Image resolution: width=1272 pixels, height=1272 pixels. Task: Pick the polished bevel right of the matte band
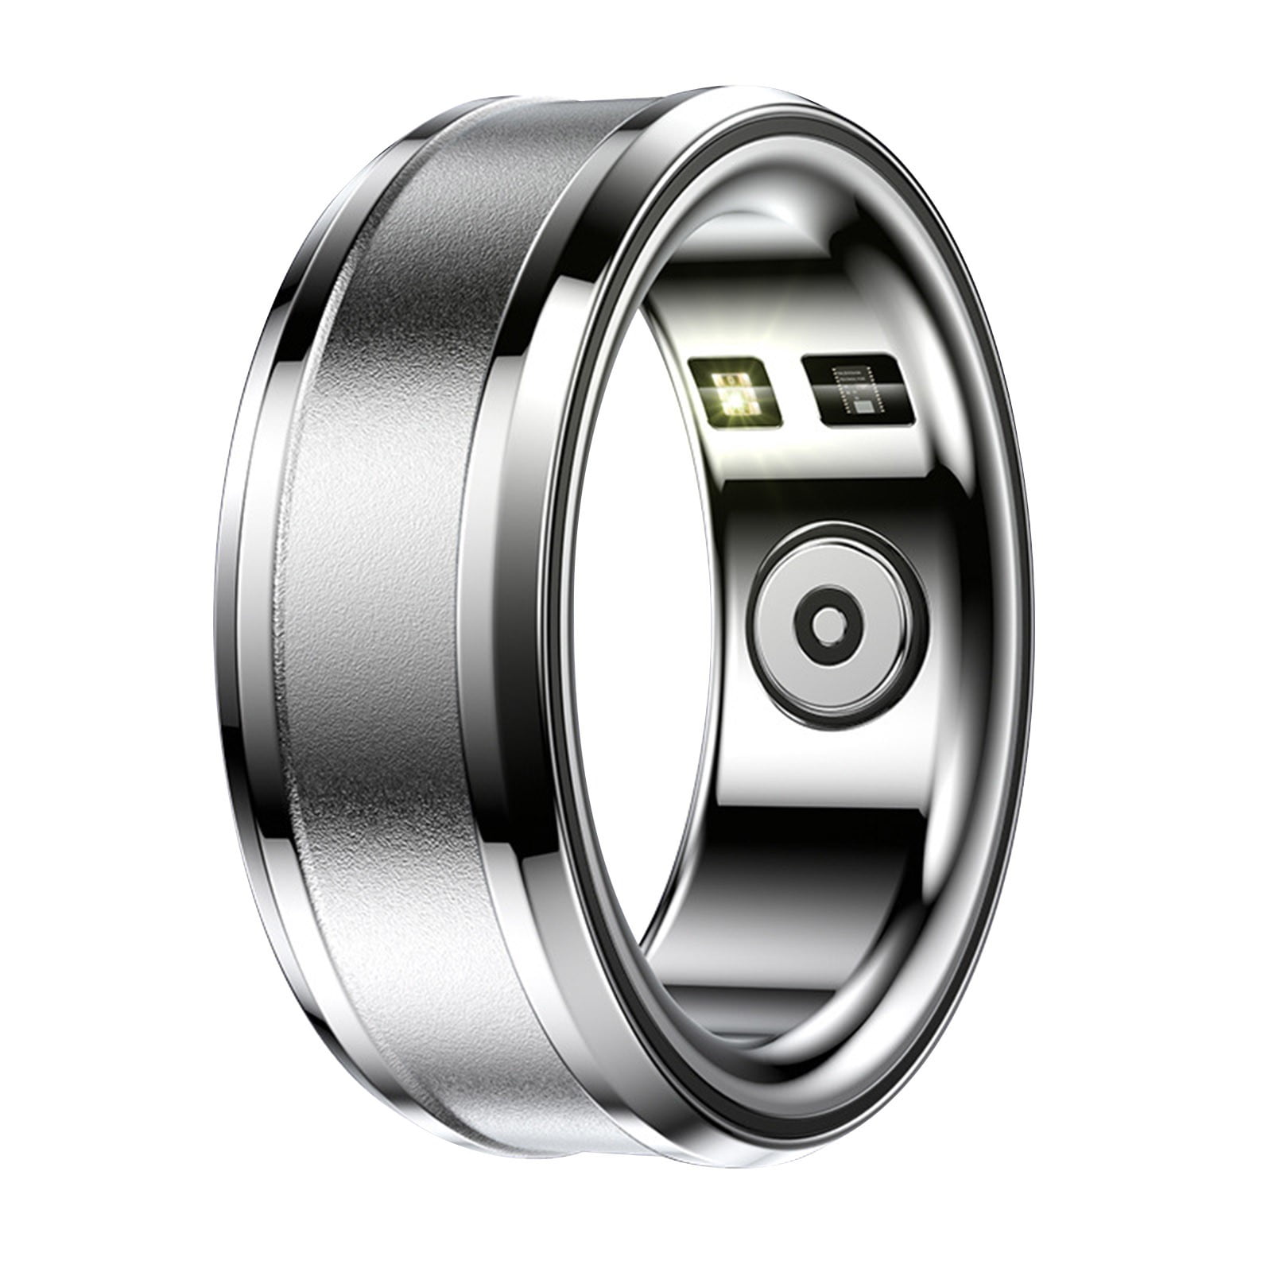pyautogui.click(x=509, y=636)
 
